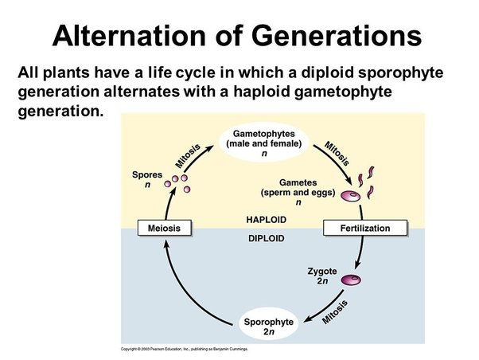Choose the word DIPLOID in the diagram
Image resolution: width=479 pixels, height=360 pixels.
(x=266, y=238)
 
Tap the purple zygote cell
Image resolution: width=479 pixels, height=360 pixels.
(x=351, y=280)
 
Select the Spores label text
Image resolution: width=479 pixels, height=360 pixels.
(x=146, y=174)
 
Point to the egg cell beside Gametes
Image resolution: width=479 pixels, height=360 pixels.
(x=348, y=195)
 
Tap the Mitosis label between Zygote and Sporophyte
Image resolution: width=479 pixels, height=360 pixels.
(x=337, y=310)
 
